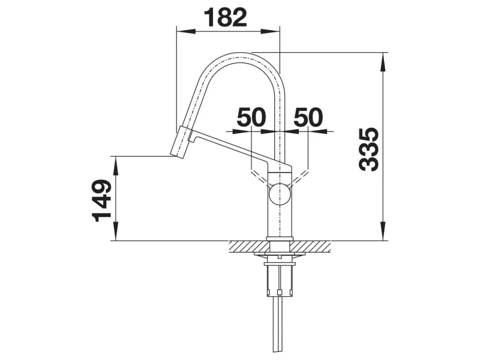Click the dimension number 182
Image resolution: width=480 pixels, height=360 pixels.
(x=226, y=17)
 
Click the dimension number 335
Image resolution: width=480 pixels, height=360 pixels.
(x=369, y=149)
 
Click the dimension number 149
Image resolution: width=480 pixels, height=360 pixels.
(x=101, y=200)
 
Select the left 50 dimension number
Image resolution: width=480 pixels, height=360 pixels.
(x=251, y=116)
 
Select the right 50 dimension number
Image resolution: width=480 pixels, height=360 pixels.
(x=308, y=116)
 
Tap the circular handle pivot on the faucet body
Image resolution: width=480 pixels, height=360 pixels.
(x=279, y=193)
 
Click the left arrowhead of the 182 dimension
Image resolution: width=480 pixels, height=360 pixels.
(x=186, y=31)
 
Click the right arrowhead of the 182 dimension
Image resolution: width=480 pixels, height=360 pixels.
(x=271, y=31)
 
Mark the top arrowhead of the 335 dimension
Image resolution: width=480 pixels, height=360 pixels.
(x=383, y=62)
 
